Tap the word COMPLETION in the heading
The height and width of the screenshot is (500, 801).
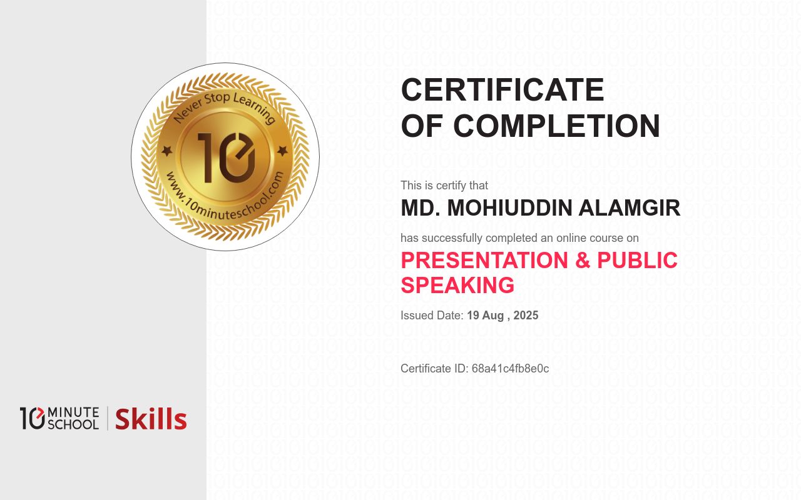[556, 126]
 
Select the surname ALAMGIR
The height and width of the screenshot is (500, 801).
[630, 208]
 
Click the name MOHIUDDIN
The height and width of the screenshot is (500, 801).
[509, 208]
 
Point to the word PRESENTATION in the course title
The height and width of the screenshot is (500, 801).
[484, 260]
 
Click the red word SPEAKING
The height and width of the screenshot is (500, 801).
[457, 285]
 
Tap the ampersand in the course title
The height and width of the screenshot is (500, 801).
[583, 260]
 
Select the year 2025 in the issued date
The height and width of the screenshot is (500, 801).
[526, 316]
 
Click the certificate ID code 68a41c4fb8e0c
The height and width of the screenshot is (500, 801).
[510, 369]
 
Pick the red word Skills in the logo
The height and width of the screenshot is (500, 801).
[151, 419]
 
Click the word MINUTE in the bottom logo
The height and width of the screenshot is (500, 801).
[73, 412]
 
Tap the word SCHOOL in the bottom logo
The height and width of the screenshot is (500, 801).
[73, 424]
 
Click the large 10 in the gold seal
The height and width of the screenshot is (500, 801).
[226, 157]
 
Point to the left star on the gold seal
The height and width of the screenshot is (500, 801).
[166, 151]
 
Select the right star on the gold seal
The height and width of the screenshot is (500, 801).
[282, 151]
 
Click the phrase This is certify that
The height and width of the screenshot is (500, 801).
[444, 186]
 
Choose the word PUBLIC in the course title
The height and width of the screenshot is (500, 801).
[637, 260]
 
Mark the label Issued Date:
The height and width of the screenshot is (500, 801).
[432, 316]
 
